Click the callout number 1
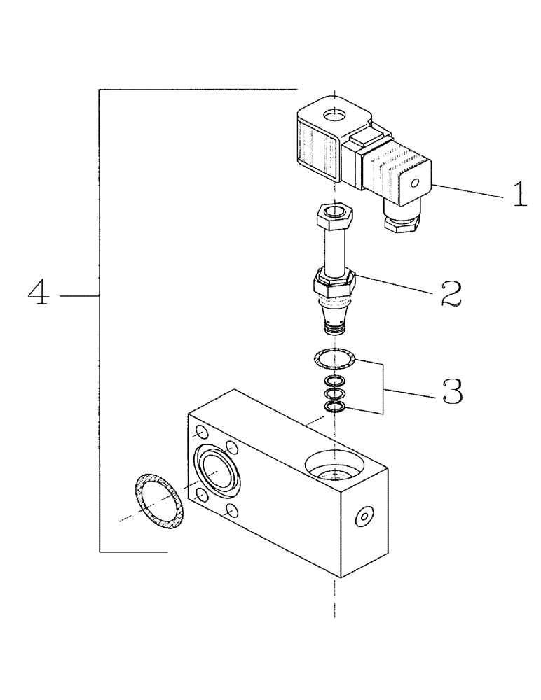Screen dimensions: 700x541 point(519,194)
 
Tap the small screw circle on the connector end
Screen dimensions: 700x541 point(415,184)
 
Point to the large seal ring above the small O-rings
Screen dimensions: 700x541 point(335,360)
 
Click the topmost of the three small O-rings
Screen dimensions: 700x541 point(335,381)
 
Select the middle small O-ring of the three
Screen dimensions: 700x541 point(335,394)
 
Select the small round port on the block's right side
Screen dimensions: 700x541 point(362,517)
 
